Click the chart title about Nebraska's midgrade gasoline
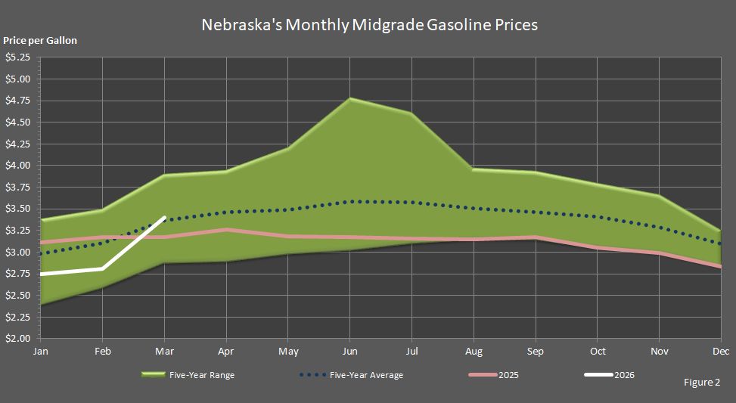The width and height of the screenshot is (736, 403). (x=369, y=24)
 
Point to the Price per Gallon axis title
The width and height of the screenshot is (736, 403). (x=40, y=41)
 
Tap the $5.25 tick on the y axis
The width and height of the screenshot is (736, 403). (x=17, y=57)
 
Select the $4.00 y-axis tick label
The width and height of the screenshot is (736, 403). (x=17, y=166)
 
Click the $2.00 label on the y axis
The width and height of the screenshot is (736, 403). (x=17, y=339)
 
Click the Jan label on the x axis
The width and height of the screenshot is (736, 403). (x=41, y=352)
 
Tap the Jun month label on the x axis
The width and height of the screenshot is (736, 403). (x=349, y=352)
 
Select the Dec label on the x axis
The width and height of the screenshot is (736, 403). (x=720, y=352)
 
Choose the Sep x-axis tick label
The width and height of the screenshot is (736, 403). (x=536, y=352)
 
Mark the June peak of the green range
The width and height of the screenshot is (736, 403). (x=349, y=98)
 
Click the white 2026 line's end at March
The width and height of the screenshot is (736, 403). (x=165, y=218)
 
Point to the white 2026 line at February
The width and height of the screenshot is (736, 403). (x=103, y=268)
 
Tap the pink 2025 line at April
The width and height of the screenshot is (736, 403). (x=226, y=229)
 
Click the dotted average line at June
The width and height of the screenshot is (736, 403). (x=349, y=201)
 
